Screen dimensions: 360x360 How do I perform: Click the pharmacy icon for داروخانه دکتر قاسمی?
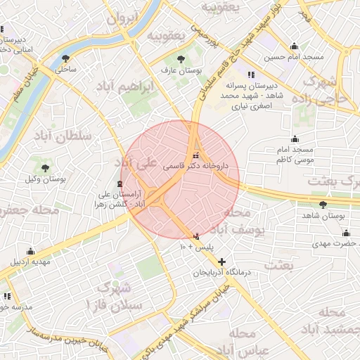pyautogui.click(x=195, y=155)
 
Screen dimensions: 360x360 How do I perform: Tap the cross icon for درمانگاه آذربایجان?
pyautogui.click(x=222, y=261)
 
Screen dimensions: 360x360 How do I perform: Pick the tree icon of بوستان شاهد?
pyautogui.click(x=323, y=205)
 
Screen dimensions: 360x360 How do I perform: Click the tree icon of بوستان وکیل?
pyautogui.click(x=45, y=168)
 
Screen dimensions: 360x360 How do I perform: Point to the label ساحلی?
pyautogui.click(x=65, y=70)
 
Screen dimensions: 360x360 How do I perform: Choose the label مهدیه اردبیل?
pyautogui.click(x=30, y=262)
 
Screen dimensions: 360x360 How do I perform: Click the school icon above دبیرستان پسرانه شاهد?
pyautogui.click(x=250, y=75)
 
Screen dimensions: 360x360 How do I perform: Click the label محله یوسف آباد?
pyautogui.click(x=238, y=221)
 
